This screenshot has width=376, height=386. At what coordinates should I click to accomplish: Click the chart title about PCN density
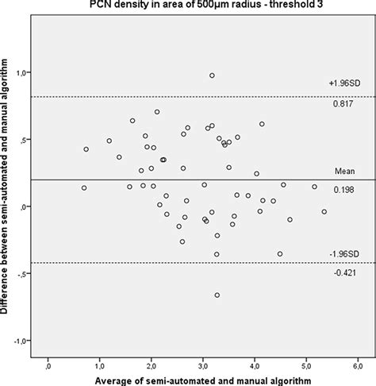coord(200,6)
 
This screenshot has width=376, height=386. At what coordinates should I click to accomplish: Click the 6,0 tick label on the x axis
coord(358,366)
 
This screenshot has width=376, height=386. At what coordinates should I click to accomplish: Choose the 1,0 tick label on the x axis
coord(100,366)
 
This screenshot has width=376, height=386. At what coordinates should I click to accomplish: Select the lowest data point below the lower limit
coord(217,295)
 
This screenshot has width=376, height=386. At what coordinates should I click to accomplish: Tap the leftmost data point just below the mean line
coord(84,188)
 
